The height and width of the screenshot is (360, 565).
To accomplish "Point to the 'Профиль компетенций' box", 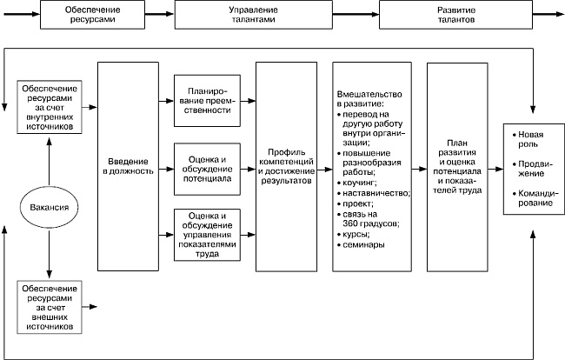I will [286, 166].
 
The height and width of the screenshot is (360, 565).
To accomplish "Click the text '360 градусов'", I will [372, 223].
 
